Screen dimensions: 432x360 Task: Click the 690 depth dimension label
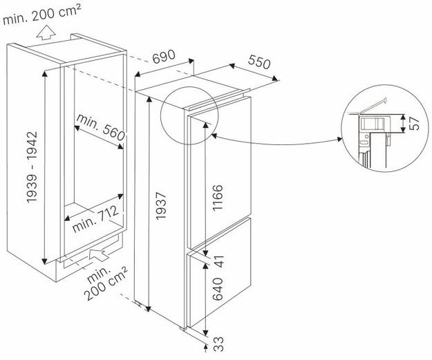pyautogui.click(x=164, y=57)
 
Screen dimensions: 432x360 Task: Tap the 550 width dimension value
pyautogui.click(x=259, y=62)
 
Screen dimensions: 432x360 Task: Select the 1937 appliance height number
pyautogui.click(x=161, y=207)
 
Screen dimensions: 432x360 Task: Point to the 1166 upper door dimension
pyautogui.click(x=217, y=198)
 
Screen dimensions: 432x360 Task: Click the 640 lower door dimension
pyautogui.click(x=217, y=289)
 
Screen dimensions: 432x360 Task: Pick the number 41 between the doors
pyautogui.click(x=218, y=261)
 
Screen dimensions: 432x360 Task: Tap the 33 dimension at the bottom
pyautogui.click(x=218, y=344)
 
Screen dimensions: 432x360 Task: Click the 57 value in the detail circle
pyautogui.click(x=414, y=123)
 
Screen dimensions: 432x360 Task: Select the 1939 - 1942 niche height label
pyautogui.click(x=32, y=167)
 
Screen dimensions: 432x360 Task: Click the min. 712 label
pyautogui.click(x=95, y=219)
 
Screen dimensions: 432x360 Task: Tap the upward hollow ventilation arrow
pyautogui.click(x=46, y=32)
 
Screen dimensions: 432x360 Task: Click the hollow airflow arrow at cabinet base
pyautogui.click(x=100, y=254)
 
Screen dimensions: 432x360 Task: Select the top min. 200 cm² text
pyautogui.click(x=42, y=15)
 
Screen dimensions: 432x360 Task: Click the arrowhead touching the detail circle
pyautogui.click(x=339, y=140)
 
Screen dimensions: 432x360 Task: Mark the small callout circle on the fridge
pyautogui.click(x=189, y=115)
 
